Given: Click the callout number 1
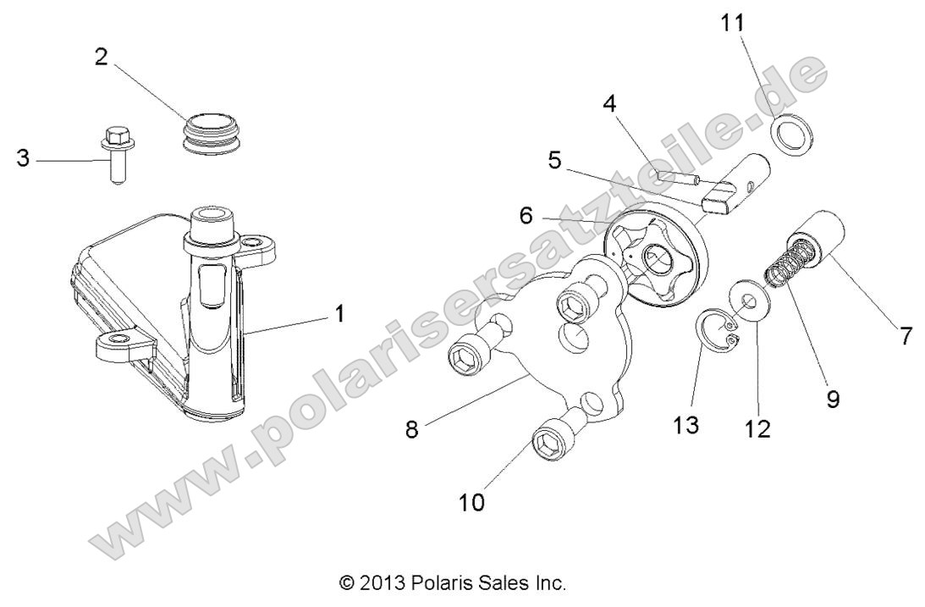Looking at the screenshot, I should pos(339,314).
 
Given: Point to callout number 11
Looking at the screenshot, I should pos(734,23).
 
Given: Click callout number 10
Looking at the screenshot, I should pos(471,502).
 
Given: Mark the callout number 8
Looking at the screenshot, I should pos(412,428).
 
